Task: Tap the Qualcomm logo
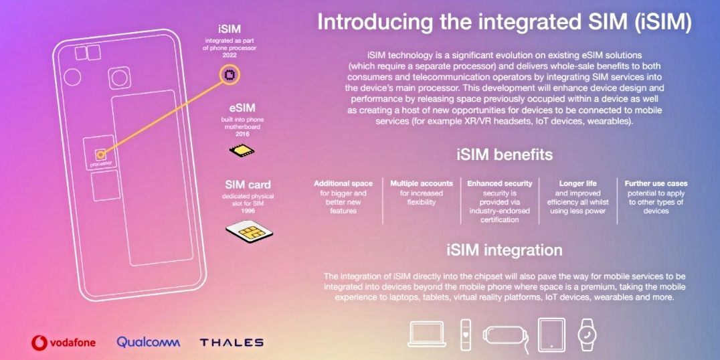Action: click(x=149, y=342)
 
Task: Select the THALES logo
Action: click(x=232, y=343)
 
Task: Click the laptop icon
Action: click(x=427, y=334)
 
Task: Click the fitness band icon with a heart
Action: click(x=466, y=334)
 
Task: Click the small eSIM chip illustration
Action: click(x=242, y=151)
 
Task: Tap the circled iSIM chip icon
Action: click(x=230, y=75)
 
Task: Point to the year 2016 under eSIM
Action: click(x=242, y=134)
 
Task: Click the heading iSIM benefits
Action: click(x=504, y=155)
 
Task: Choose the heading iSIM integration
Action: click(x=504, y=250)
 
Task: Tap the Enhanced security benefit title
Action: click(x=500, y=183)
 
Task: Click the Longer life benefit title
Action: click(x=578, y=183)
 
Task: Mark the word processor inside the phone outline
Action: click(x=100, y=163)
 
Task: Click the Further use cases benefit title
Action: click(x=656, y=183)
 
